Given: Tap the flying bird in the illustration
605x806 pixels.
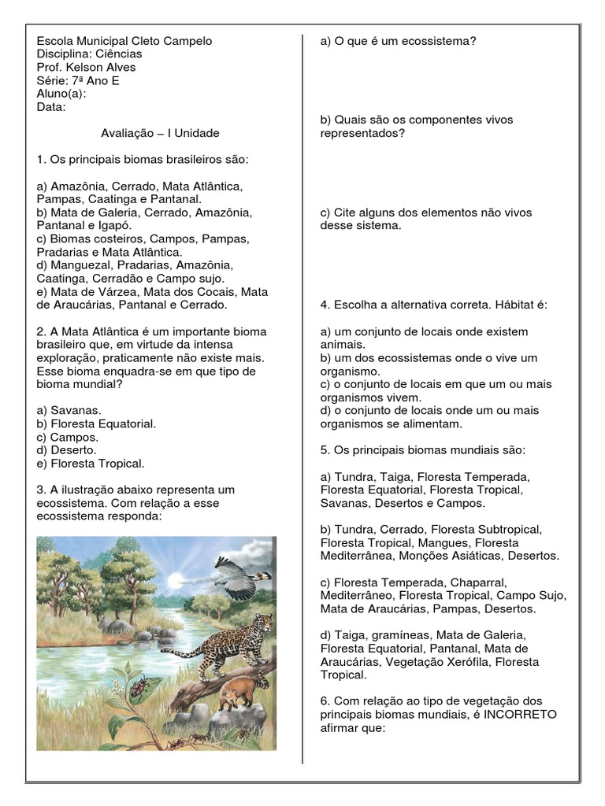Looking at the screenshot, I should click(240, 579).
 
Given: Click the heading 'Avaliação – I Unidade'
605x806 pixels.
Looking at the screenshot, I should click(160, 133).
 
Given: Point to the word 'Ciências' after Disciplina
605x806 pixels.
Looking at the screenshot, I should click(119, 54).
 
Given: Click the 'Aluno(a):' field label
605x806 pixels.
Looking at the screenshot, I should click(61, 93).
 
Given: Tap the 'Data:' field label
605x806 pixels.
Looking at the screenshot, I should click(51, 106).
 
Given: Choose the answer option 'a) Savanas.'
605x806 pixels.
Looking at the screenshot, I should click(69, 410).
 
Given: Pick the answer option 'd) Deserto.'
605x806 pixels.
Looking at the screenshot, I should click(67, 450).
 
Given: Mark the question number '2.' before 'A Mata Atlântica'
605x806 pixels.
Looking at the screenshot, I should click(41, 331).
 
